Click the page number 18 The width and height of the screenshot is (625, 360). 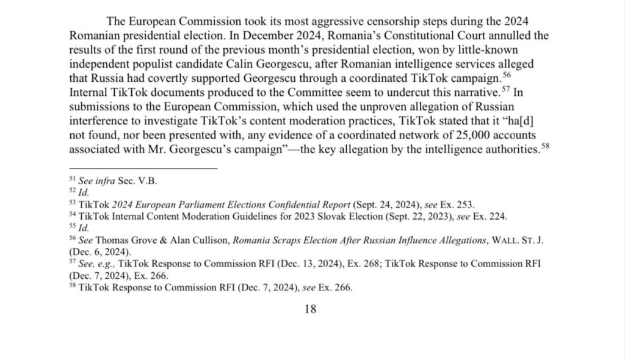point(310,309)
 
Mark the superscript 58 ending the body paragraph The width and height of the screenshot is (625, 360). point(546,147)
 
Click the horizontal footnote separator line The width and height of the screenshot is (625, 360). point(143,167)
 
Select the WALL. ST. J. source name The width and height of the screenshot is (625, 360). point(516,240)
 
